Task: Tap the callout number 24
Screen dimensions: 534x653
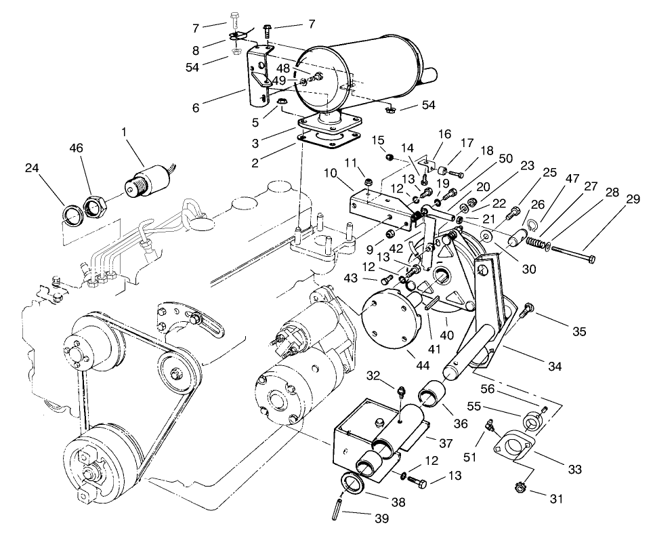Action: coord(30,167)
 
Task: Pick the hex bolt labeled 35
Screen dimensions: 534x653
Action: coord(526,312)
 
